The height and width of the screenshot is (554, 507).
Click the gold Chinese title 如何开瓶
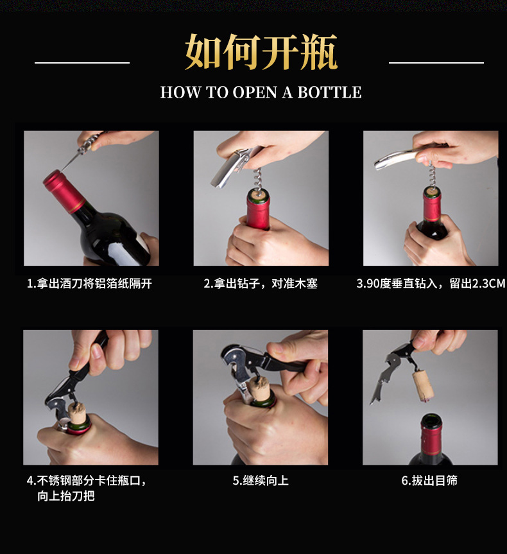click(261, 52)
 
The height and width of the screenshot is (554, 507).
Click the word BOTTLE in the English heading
click(329, 92)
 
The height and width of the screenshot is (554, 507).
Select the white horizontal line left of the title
click(82, 63)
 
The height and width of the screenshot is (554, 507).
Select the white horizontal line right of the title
click(436, 63)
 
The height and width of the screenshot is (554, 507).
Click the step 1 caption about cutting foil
click(89, 284)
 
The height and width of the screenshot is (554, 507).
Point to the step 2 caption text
click(261, 284)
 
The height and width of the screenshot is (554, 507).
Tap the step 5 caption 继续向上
click(261, 481)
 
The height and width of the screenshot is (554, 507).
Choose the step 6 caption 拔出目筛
click(429, 481)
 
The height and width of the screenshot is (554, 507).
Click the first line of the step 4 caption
click(86, 481)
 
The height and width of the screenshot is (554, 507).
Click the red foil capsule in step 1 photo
click(64, 191)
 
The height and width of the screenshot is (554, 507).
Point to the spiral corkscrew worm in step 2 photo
click(257, 181)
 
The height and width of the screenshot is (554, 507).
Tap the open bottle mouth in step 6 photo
click(431, 420)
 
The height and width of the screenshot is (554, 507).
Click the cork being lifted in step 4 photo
click(78, 411)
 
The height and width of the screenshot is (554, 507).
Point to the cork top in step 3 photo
click(432, 191)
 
